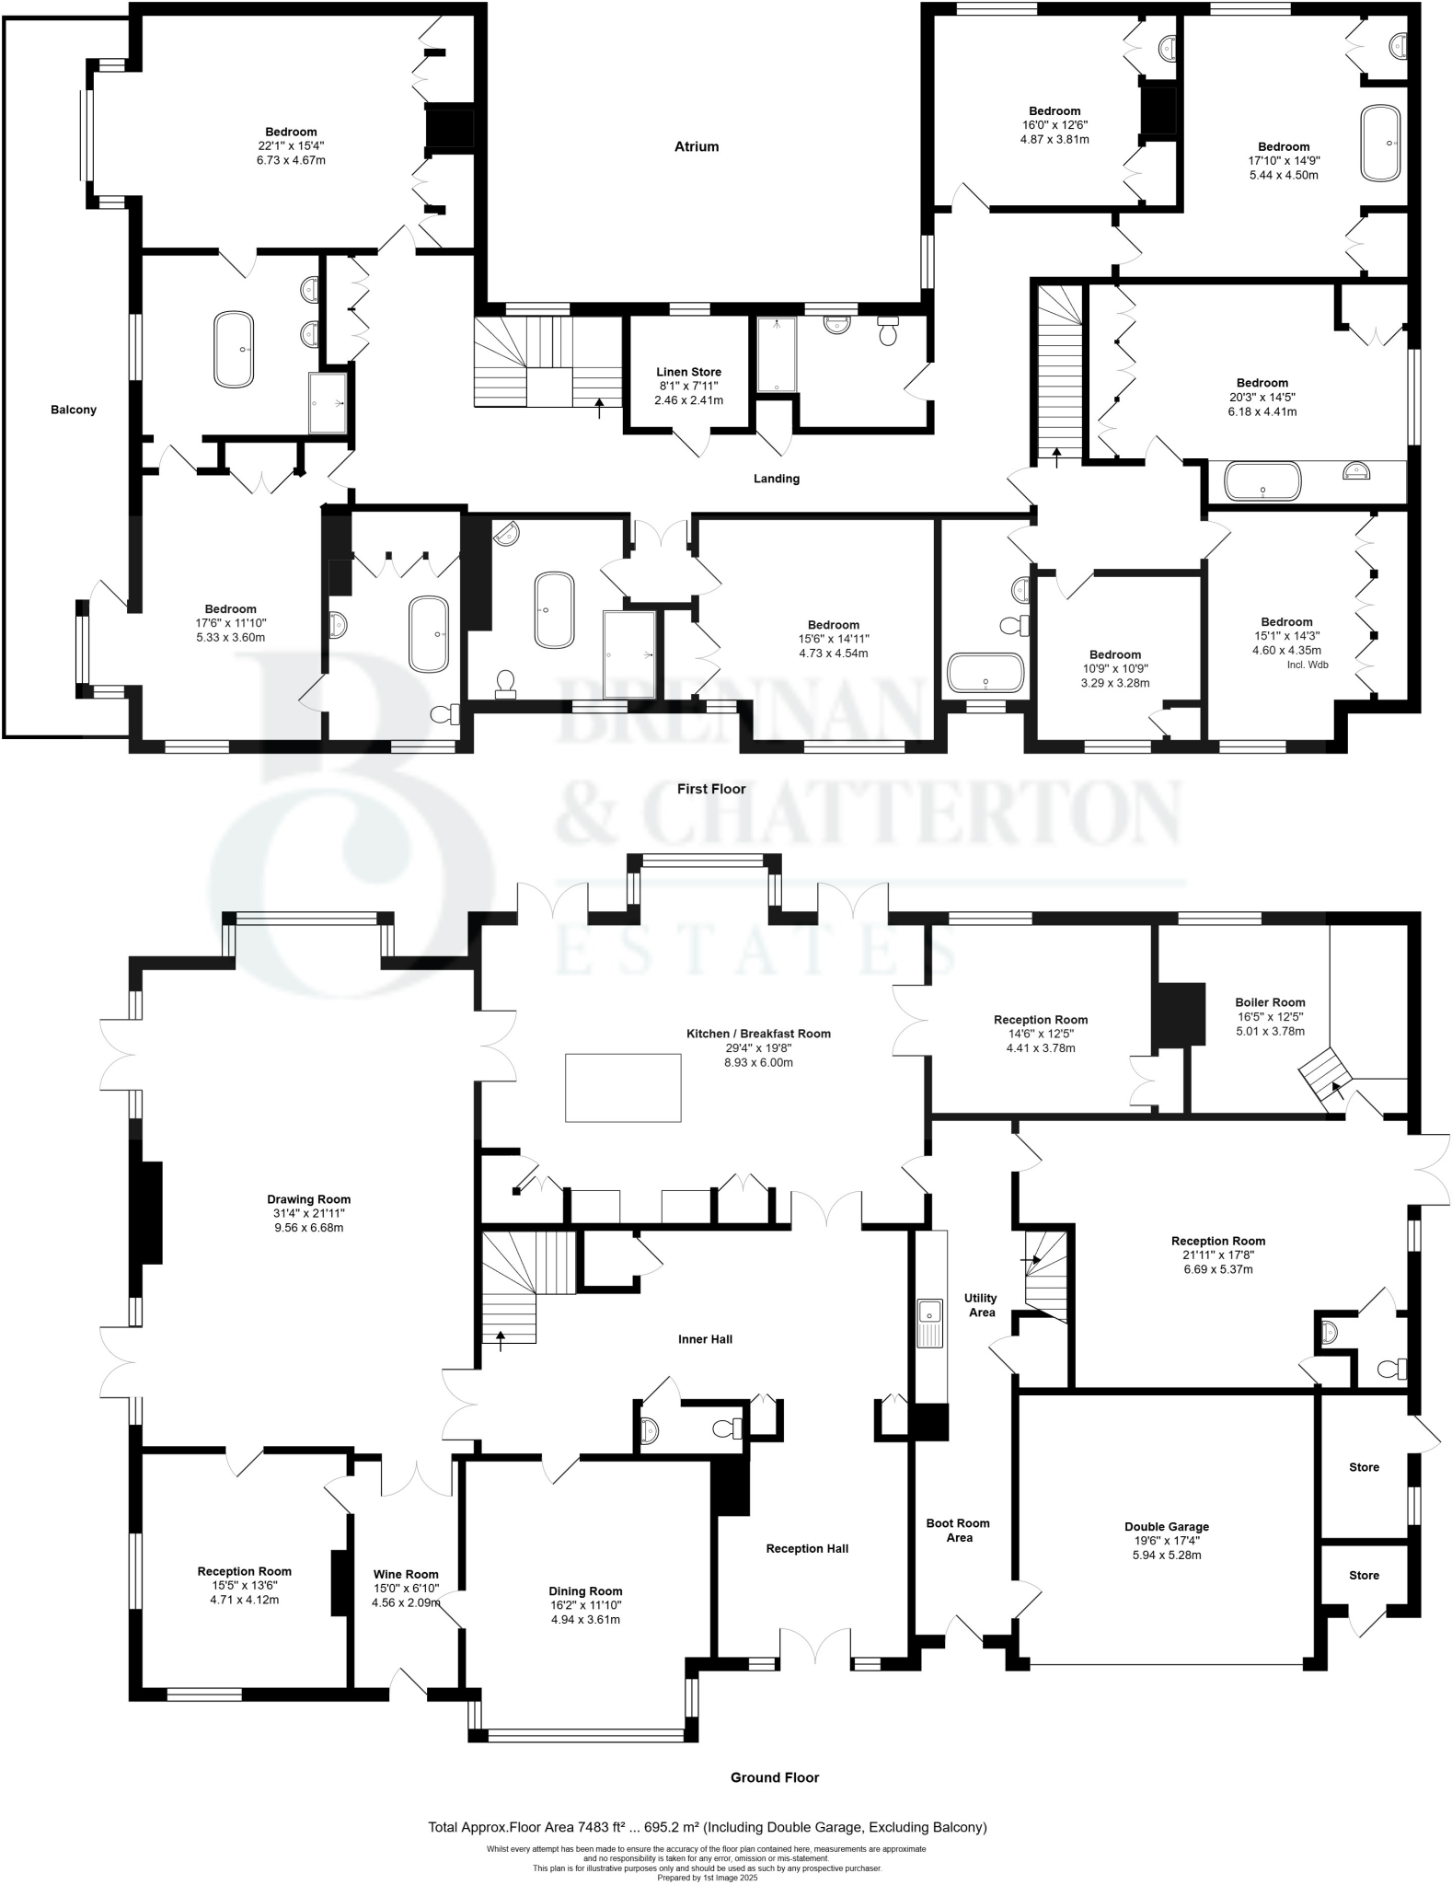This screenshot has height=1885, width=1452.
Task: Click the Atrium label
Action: point(696,146)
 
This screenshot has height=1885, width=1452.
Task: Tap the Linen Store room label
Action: point(688,372)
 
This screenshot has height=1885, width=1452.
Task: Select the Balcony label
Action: point(74,410)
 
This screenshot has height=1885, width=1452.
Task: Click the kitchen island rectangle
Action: point(623,1088)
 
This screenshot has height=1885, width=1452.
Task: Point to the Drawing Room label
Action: point(308,1199)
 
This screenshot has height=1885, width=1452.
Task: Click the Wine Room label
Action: point(406,1574)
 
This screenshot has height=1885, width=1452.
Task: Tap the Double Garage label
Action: point(1167,1526)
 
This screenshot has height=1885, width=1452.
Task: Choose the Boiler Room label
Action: point(1270,1002)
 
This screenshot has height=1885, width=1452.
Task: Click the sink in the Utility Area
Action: point(929,1311)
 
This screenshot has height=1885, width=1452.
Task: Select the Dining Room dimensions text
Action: point(585,1619)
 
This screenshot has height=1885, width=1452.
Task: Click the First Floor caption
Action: point(711,789)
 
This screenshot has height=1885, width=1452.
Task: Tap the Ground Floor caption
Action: point(774,1777)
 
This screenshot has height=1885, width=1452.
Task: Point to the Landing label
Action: point(777,479)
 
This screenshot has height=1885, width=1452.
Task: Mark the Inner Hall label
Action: point(705,1339)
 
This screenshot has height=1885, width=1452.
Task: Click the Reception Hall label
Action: point(807,1548)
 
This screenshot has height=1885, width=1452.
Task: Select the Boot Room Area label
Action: point(958,1530)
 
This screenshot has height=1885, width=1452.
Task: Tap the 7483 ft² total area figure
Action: point(603,1827)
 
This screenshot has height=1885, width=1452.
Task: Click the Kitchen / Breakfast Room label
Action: point(758,1034)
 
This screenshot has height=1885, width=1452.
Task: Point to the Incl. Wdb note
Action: point(1308,665)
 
